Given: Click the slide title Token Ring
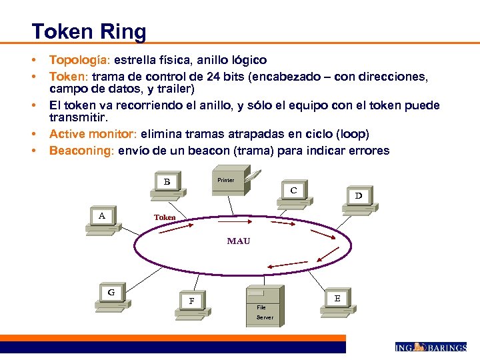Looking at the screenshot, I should point(89,31).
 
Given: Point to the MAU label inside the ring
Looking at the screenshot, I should point(238,241).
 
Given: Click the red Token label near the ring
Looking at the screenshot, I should point(165,217).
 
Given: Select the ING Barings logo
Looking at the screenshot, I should point(430,347).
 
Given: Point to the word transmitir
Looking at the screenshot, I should point(77,117).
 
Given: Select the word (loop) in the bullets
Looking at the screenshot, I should point(351,133).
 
